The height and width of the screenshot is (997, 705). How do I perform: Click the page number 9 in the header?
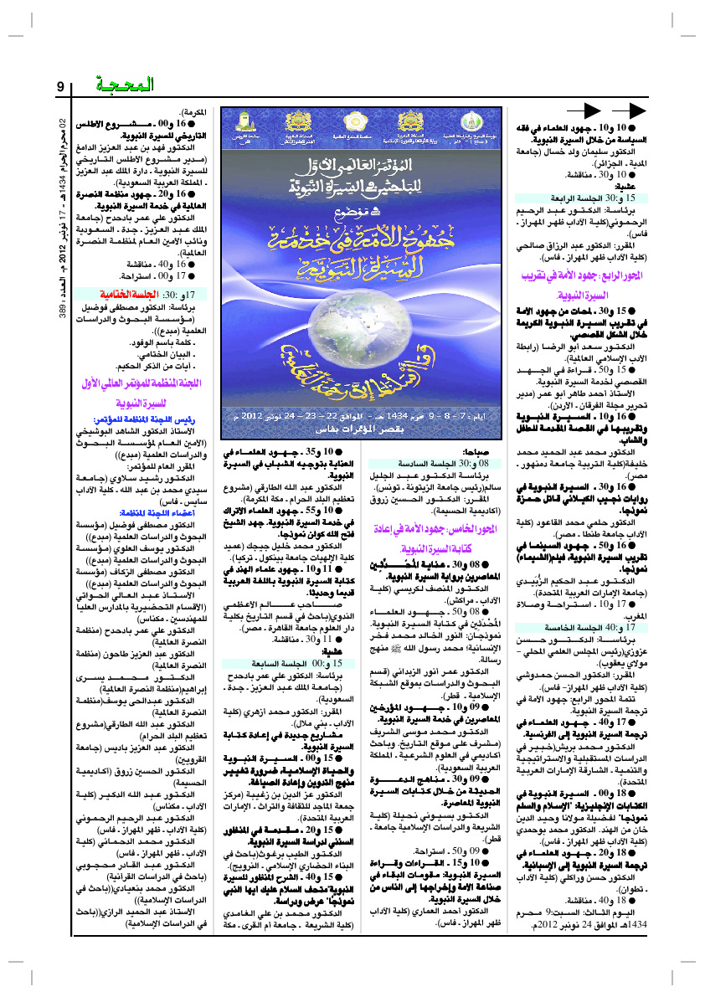point(61,87)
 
